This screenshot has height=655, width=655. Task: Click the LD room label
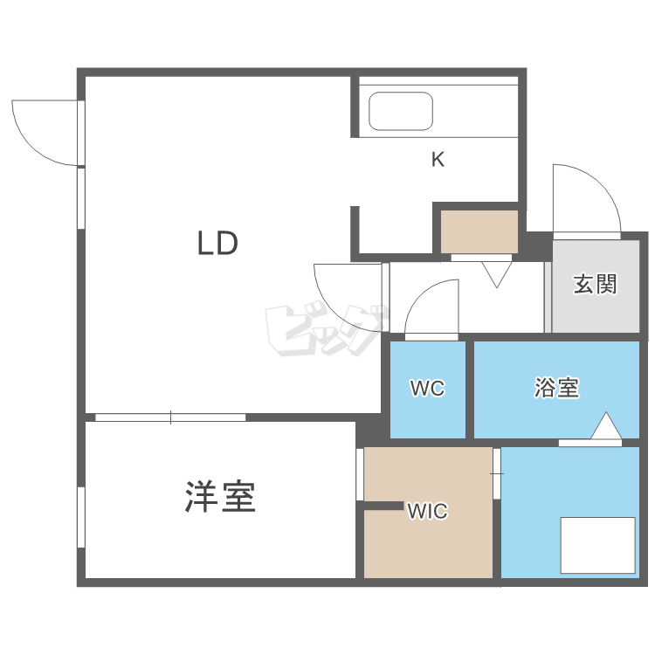[x=217, y=243]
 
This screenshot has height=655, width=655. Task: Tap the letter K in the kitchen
[x=438, y=160]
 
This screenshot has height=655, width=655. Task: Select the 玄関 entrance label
[x=595, y=284]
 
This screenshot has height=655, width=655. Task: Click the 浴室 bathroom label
[x=556, y=388]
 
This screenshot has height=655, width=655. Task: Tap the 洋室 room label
[x=219, y=497]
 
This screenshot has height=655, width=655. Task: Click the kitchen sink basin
[x=401, y=112]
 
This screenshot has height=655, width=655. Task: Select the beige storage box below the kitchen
[x=479, y=231]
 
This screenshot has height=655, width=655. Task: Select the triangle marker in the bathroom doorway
[x=605, y=427]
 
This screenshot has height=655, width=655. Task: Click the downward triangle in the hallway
[x=496, y=274]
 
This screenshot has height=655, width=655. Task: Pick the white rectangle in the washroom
[x=597, y=545]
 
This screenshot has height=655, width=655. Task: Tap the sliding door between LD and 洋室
[x=170, y=417]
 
